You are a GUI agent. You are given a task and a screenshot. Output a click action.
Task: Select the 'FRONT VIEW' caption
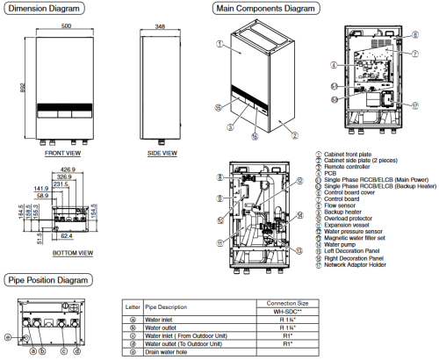click(64, 153)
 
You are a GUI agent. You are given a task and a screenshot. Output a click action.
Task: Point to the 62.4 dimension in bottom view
click(68, 237)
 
